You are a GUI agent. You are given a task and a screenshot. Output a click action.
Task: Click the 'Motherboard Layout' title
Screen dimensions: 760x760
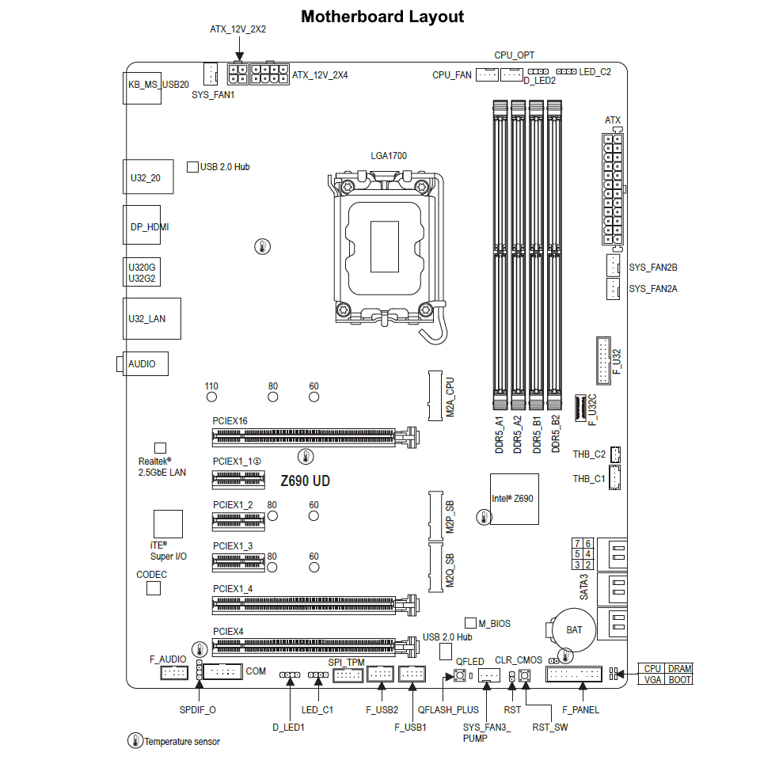pos(382,17)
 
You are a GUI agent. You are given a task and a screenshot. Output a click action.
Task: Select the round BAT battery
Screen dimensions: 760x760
pos(574,629)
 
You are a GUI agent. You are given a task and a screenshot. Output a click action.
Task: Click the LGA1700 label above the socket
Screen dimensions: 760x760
pos(389,156)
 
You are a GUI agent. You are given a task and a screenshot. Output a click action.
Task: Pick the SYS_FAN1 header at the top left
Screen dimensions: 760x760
pos(210,74)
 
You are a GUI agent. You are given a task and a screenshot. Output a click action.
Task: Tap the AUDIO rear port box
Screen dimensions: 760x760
pos(142,364)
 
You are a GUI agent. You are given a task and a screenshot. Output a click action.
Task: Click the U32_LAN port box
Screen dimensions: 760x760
pos(151,318)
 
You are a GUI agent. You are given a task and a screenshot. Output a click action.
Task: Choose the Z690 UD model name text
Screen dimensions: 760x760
pos(306,481)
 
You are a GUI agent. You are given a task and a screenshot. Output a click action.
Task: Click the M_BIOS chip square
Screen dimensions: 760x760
pos(470,624)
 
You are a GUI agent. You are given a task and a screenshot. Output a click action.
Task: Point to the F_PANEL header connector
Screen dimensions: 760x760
pos(574,674)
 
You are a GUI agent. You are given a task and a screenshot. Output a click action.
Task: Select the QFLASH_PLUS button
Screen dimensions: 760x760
pos(458,676)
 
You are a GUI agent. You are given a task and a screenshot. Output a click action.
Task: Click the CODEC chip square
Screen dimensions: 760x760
pos(154,588)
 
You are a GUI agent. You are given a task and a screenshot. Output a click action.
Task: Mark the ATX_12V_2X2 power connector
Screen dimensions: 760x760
pos(238,74)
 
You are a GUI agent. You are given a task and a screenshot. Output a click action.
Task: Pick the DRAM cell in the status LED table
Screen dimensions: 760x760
pos(679,669)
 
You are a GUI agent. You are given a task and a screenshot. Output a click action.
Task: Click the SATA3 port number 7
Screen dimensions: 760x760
pos(577,543)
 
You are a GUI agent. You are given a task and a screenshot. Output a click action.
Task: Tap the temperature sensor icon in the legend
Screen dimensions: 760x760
pos(135,741)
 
